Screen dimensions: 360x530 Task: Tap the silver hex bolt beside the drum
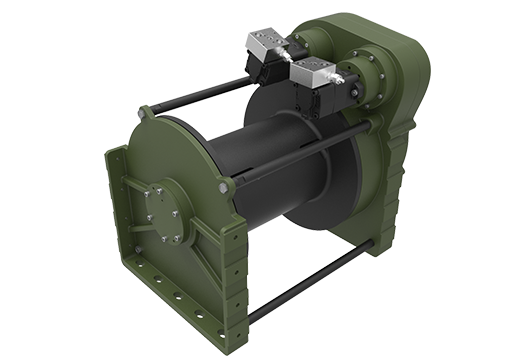coord(230,184)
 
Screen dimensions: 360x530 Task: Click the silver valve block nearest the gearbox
coord(312,71)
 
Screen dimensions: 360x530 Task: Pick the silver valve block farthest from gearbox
coord(265,45)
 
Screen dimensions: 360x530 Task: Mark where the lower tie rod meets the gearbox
coord(374,245)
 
